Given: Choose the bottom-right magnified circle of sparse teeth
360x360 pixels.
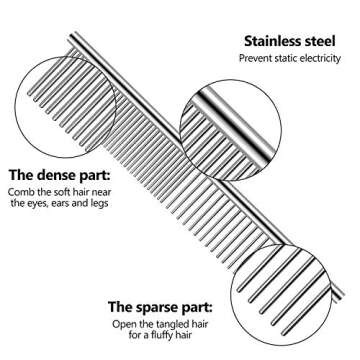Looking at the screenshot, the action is click(x=286, y=300).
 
